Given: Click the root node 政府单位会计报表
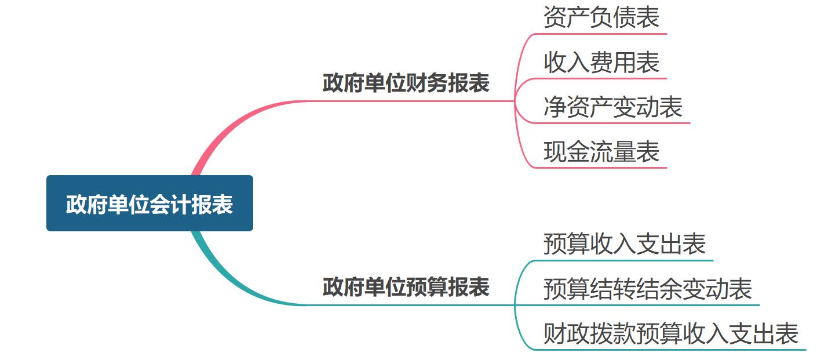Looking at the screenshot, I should [149, 203].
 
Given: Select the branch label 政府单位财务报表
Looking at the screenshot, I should [406, 83].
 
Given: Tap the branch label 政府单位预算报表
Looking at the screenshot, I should [406, 287].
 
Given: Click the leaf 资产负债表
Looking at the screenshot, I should [601, 17].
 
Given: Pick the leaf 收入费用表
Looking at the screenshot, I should [601, 62].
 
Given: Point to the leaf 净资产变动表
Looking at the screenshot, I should [612, 107].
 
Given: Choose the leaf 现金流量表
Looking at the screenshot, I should [601, 152].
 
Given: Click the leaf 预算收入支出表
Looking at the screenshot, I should [624, 243].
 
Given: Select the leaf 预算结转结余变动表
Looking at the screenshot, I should [647, 288].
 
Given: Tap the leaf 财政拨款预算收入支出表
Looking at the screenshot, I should [670, 333].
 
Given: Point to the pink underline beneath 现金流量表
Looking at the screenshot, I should [603, 168].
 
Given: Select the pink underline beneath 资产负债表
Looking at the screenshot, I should [603, 34].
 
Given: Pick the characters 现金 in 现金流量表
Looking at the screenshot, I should [567, 152].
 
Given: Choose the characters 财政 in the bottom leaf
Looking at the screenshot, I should [567, 333].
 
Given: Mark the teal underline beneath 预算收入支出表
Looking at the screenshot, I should [626, 260].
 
